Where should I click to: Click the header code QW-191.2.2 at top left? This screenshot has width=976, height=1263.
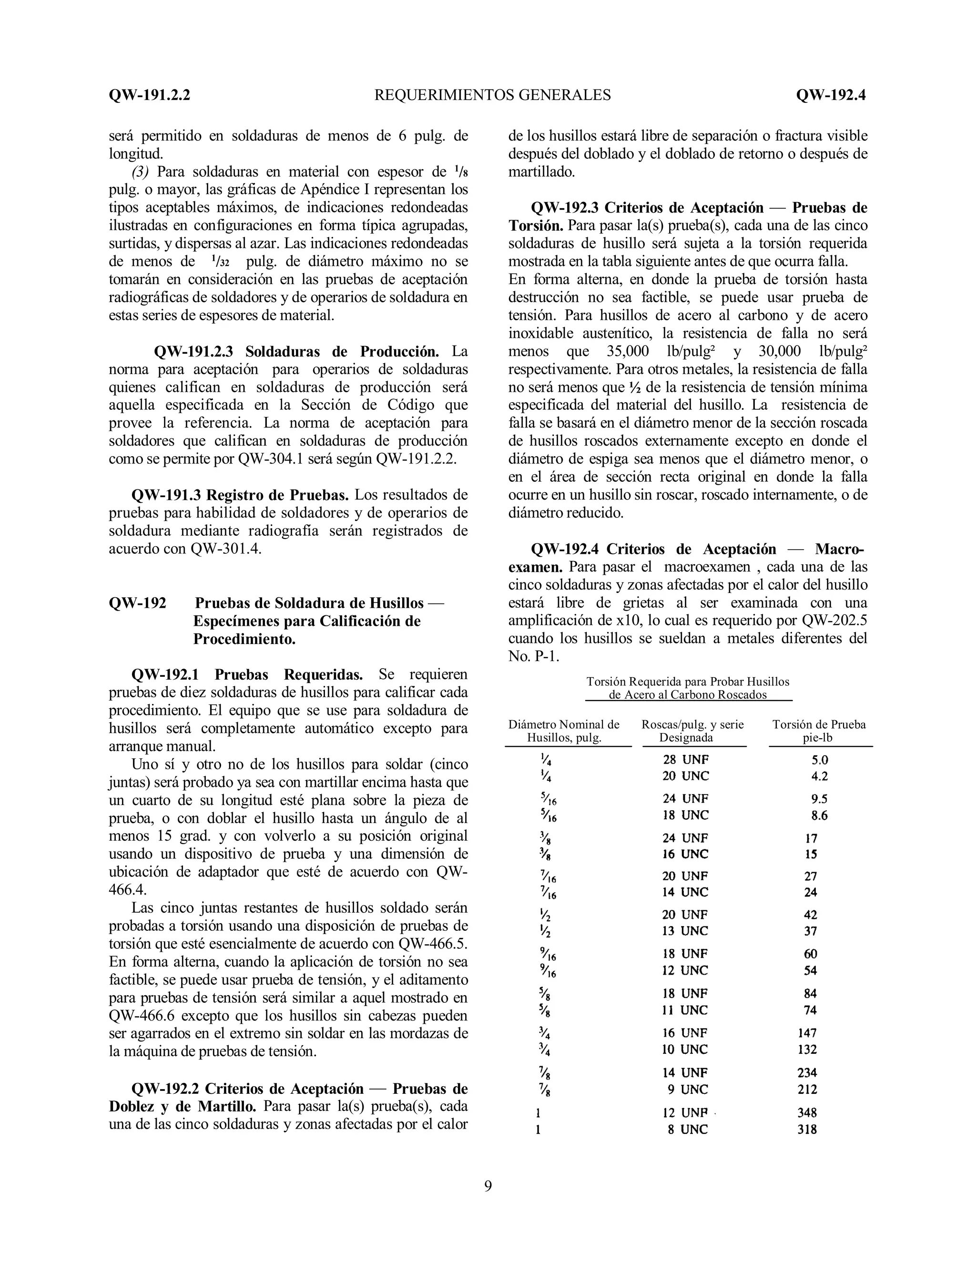149,95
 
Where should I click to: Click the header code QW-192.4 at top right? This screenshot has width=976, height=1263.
830,95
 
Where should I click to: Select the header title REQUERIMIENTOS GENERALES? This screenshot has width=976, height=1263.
493,95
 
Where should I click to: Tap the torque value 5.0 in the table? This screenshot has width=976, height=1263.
819,760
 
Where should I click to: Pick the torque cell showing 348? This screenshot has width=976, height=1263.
807,1112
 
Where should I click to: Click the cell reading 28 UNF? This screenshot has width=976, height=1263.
686,759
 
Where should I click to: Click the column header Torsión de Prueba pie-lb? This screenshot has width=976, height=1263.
819,731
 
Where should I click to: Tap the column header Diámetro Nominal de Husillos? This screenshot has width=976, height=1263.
564,731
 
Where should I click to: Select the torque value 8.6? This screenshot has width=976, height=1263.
819,815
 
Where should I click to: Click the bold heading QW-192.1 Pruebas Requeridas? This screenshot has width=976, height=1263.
247,674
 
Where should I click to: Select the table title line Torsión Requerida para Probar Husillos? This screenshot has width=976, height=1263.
688,682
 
